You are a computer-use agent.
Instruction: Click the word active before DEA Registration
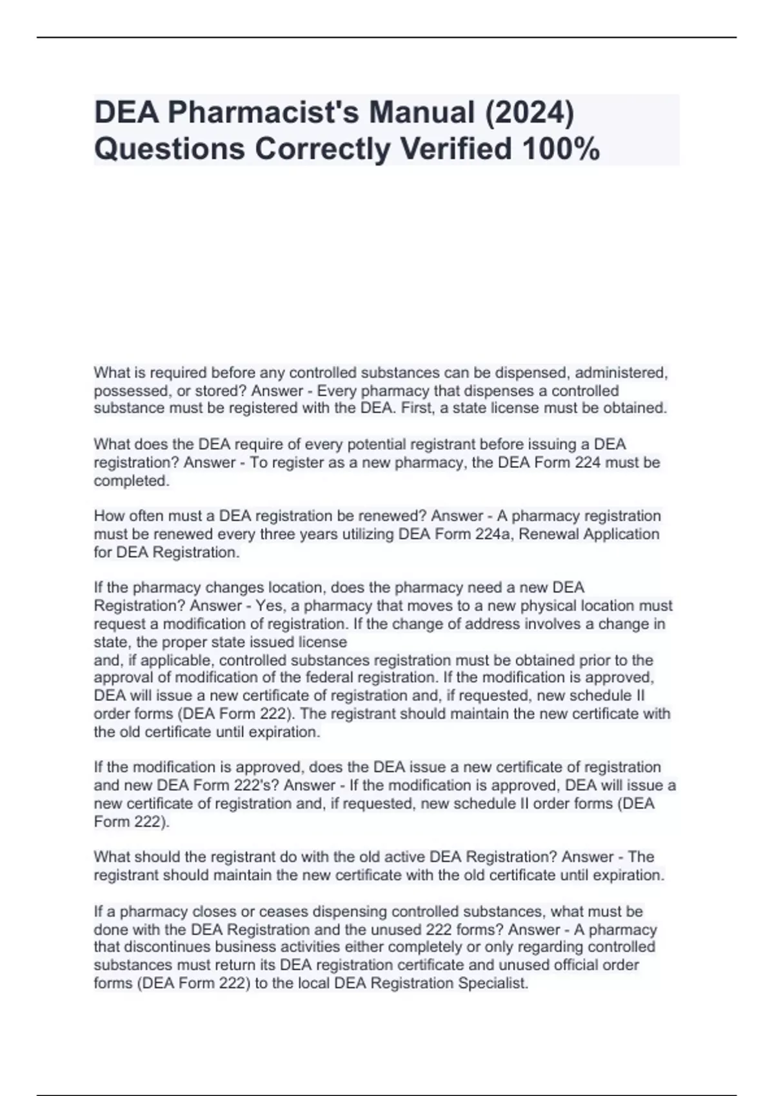404,857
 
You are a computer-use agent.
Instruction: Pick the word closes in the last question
203,912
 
